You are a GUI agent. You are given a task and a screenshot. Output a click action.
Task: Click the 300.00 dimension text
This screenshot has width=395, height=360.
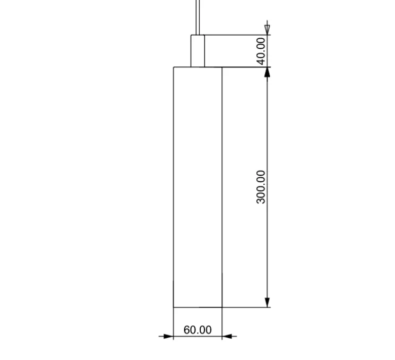[261, 186]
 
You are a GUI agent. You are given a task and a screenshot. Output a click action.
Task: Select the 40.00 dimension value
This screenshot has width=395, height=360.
[261, 50]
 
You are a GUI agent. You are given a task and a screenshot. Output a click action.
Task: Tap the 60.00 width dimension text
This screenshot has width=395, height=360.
[197, 330]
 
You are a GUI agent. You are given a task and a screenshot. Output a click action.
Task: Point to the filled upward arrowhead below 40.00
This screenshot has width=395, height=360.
[267, 73]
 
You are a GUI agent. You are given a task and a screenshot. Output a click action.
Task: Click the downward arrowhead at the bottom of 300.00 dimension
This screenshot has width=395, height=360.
[267, 302]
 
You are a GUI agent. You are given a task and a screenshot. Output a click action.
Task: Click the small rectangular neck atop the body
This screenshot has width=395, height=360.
[197, 51]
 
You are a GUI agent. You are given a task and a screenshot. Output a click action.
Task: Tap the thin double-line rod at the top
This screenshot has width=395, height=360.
[197, 16]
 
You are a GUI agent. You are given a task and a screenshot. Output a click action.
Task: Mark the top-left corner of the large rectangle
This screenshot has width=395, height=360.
[174, 67]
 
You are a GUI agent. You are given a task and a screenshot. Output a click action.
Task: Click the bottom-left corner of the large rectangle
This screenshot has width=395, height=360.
[174, 307]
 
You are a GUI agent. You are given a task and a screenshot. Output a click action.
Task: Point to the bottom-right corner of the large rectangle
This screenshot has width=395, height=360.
[221, 307]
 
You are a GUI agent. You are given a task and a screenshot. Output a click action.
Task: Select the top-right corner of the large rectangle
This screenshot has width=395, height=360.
[221, 67]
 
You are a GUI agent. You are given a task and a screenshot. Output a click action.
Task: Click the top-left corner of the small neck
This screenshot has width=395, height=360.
[191, 35]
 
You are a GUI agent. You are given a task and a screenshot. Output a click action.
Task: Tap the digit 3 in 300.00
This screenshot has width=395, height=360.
[261, 200]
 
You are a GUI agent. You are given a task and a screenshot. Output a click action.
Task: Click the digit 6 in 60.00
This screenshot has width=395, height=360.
[187, 330]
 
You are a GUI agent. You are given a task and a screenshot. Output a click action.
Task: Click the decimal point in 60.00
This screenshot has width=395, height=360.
[198, 333]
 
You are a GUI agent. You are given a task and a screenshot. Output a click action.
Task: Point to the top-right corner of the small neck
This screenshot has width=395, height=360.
[204, 35]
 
